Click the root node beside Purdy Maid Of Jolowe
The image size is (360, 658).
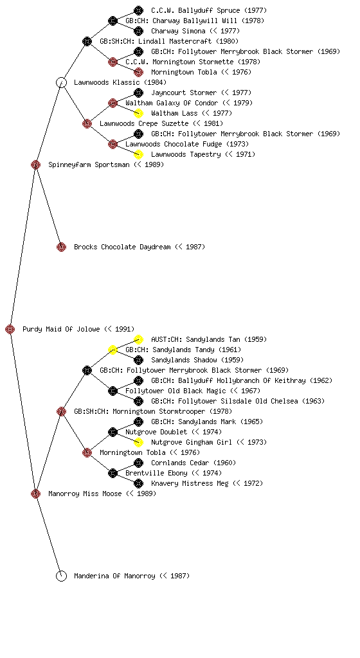[x=10, y=329]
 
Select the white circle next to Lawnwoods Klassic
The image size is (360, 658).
[x=61, y=82]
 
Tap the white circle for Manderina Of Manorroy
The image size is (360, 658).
[x=61, y=576]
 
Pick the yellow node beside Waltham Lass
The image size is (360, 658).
[x=138, y=113]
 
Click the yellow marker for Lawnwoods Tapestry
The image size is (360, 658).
[x=138, y=154]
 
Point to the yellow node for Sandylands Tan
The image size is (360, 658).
[x=138, y=339]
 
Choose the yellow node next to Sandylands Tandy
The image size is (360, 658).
[x=113, y=350]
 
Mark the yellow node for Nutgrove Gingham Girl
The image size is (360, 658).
[x=138, y=442]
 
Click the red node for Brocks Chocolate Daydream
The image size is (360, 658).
[x=61, y=247]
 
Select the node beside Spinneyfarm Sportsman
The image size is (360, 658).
[x=35, y=164]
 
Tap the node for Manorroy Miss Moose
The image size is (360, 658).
[x=35, y=493]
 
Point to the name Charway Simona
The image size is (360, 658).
[x=178, y=31]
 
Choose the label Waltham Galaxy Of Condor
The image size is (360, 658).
[x=172, y=103]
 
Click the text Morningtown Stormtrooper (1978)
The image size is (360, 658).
[x=170, y=411]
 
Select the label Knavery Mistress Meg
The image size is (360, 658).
[x=190, y=483]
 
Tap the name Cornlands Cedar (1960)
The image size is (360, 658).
[x=194, y=463]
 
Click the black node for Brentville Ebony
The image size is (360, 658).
[x=113, y=474]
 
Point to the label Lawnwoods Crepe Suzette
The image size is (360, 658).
[x=144, y=123]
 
